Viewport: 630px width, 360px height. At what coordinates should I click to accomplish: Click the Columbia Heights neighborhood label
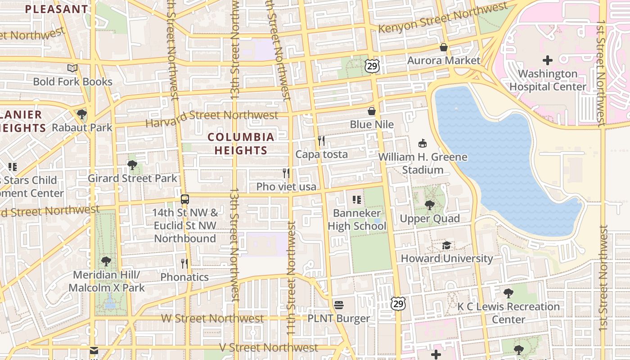pyautogui.click(x=241, y=144)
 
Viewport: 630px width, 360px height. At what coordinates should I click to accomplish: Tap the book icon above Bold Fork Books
pyautogui.click(x=72, y=68)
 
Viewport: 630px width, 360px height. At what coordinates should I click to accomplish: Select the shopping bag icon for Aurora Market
pyautogui.click(x=444, y=47)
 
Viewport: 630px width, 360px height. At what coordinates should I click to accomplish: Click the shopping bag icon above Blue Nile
pyautogui.click(x=372, y=111)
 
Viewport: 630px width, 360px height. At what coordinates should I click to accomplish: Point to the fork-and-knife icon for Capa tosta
pyautogui.click(x=321, y=141)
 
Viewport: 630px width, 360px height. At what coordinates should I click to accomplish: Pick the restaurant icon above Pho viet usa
pyautogui.click(x=286, y=173)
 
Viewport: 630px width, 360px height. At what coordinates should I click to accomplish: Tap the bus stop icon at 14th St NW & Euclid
pyautogui.click(x=184, y=199)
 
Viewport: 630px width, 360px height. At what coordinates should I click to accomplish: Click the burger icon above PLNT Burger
pyautogui.click(x=339, y=305)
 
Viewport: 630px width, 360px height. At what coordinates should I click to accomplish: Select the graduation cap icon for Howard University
pyautogui.click(x=446, y=245)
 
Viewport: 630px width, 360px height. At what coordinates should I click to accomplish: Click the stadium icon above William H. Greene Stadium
pyautogui.click(x=423, y=144)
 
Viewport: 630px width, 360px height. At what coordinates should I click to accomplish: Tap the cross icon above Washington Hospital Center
pyautogui.click(x=548, y=60)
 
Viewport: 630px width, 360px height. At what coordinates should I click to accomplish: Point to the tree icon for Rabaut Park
pyautogui.click(x=82, y=114)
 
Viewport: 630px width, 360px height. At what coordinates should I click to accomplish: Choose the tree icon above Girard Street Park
pyautogui.click(x=132, y=165)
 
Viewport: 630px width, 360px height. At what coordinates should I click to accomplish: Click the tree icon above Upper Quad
pyautogui.click(x=430, y=206)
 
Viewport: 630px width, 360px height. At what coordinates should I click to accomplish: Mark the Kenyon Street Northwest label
pyautogui.click(x=443, y=18)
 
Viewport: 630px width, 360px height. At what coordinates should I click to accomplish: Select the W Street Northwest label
pyautogui.click(x=212, y=319)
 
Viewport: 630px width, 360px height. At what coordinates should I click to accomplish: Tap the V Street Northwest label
pyautogui.click(x=269, y=347)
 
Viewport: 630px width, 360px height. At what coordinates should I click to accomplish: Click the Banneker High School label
pyautogui.click(x=357, y=219)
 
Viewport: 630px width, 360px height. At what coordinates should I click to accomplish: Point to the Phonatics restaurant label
pyautogui.click(x=184, y=277)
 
